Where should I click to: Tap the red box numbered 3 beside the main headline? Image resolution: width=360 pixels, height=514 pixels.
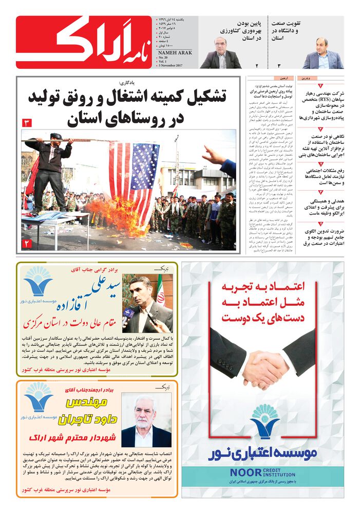click(26, 123)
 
